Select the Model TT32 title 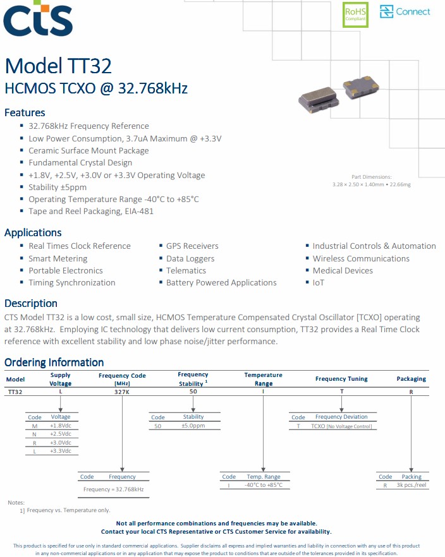tap(58, 65)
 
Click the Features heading tap(25, 112)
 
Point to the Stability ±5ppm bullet tap(58, 187)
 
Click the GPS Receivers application tap(192, 246)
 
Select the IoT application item tap(318, 282)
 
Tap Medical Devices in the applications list tap(343, 270)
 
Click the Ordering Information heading tap(54, 362)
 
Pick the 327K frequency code tap(122, 392)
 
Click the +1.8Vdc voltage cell tap(61, 426)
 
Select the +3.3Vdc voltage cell tap(61, 451)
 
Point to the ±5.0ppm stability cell tap(193, 426)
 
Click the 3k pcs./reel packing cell tap(412, 486)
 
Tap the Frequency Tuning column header tap(341, 379)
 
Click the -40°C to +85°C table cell tap(264, 486)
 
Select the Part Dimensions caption tap(371, 177)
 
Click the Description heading tap(31, 303)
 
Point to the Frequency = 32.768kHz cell tap(114, 489)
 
